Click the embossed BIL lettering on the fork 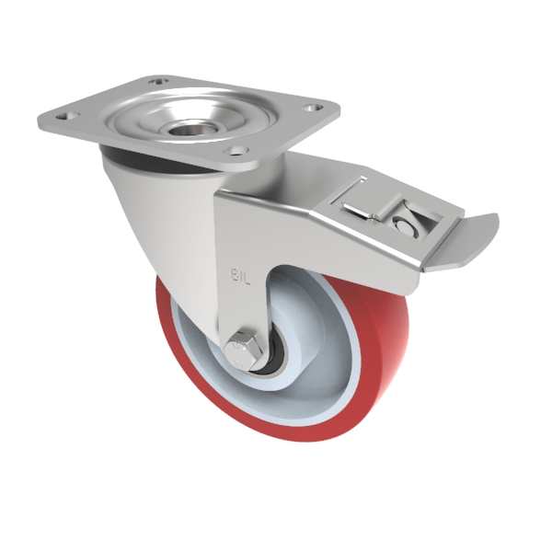pyautogui.click(x=237, y=273)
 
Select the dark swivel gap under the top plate pyautogui.click(x=138, y=165)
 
